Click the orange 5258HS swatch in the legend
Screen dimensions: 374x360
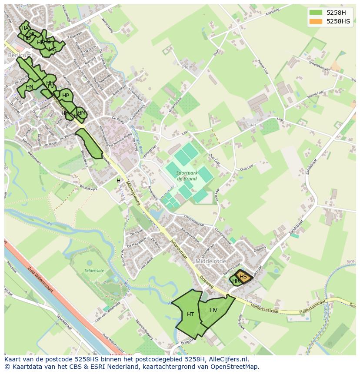316,21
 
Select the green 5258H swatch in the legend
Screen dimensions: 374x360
316,12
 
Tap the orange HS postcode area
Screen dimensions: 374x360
243,277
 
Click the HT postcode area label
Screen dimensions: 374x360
190,314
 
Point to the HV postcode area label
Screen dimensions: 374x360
213,310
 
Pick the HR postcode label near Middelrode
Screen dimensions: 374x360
236,281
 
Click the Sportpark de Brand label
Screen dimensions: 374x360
187,175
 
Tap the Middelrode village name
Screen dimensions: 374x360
211,261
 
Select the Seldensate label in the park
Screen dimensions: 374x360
94,271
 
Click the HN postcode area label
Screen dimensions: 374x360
30,87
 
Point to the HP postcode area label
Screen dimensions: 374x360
66,96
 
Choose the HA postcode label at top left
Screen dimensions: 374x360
25,28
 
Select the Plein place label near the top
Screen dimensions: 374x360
187,67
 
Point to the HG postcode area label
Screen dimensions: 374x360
53,50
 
